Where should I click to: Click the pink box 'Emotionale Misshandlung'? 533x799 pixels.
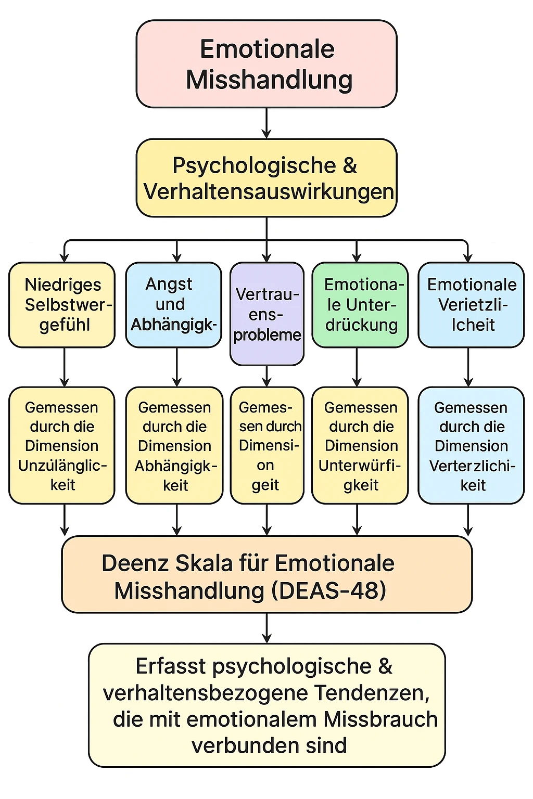point(266,64)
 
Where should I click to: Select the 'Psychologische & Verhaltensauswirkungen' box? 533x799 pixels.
point(266,178)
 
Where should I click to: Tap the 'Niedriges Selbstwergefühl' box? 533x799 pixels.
point(62,305)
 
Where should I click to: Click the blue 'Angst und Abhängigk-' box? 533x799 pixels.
point(173,305)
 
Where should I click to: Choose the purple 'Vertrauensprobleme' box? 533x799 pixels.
point(266,314)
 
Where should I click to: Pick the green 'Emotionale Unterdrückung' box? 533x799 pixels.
point(360,305)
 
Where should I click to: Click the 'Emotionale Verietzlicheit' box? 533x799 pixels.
point(471,305)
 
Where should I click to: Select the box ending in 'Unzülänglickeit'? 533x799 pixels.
point(62,445)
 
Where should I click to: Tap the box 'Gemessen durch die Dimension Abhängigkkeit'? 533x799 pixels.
point(174,445)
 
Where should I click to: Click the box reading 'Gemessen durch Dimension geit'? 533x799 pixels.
point(266,445)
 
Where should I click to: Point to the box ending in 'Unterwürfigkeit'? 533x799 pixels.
point(360,445)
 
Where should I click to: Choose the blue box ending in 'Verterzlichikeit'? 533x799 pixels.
point(471,445)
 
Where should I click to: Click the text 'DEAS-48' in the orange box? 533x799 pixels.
point(333,590)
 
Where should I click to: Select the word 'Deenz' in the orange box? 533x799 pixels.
point(134,563)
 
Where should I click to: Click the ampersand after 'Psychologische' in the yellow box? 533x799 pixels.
point(350,165)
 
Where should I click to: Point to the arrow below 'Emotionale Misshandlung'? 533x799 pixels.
point(266,123)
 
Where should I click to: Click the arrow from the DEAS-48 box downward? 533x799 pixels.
point(266,628)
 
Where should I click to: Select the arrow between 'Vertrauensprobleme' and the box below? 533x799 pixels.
point(266,376)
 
